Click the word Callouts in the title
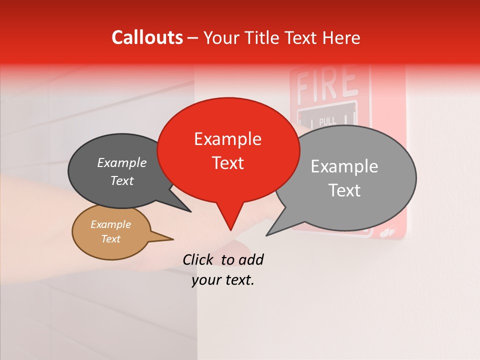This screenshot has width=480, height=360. (147, 37)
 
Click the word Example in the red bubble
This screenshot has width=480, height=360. (227, 139)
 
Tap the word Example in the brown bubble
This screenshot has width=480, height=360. (110, 224)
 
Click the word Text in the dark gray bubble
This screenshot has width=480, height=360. (121, 181)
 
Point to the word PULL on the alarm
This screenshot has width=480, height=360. (327, 120)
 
